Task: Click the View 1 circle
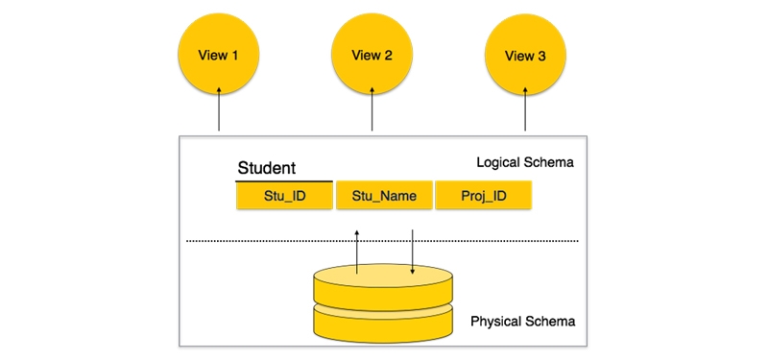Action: pos(219,55)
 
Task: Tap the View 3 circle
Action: pos(525,55)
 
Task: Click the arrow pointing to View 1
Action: pos(219,108)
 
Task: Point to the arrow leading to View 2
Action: pos(372,108)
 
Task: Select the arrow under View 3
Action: pos(525,108)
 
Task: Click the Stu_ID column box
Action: pos(284,196)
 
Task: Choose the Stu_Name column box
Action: pos(384,196)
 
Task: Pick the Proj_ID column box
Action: pos(483,196)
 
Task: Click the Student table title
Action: pos(267,168)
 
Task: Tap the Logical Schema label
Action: pos(524,162)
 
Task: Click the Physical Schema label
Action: pos(522,321)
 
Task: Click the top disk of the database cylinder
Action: pos(382,286)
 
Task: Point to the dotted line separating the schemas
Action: pos(288,240)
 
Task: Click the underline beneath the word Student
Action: pos(284,180)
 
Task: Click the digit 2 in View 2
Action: pos(388,56)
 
